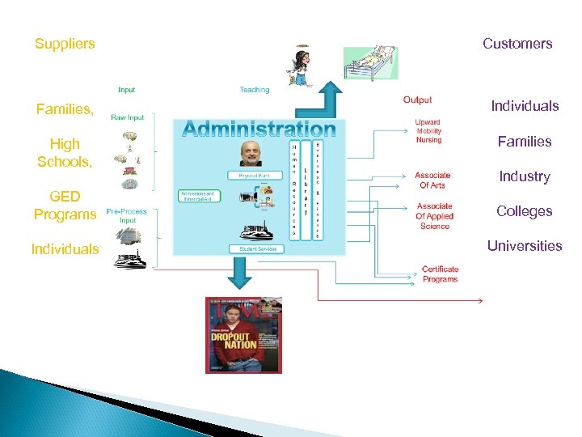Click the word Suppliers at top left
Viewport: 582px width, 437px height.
65,44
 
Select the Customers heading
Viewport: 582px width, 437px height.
517,44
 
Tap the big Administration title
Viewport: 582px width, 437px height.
259,129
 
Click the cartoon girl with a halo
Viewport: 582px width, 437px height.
300,65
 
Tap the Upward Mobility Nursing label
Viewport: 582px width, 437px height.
428,131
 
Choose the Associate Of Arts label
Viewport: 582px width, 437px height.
432,180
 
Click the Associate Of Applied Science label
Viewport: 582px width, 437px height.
435,216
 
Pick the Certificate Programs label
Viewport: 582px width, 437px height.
440,274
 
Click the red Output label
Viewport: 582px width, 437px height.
417,100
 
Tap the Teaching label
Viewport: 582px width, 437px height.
255,90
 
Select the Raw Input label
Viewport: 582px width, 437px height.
127,117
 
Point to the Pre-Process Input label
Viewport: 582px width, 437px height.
127,216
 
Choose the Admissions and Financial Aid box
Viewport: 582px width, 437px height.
197,197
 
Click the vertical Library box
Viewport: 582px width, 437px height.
305,191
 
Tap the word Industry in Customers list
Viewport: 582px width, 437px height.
525,176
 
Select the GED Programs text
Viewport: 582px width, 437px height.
65,206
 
